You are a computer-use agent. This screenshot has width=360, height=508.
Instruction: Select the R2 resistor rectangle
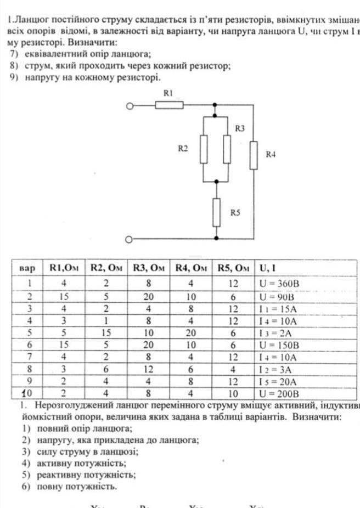(204, 149)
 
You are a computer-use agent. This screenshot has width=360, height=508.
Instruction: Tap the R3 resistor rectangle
(227, 149)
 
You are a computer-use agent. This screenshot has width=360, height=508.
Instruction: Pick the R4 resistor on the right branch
(254, 156)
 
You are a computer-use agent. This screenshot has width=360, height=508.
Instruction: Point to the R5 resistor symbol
(217, 211)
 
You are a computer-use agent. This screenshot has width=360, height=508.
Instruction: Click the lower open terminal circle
(130, 239)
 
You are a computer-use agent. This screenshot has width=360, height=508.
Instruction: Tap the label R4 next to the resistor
(271, 155)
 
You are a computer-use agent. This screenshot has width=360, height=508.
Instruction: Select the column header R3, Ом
(149, 268)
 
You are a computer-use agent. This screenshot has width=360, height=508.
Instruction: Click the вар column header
(27, 268)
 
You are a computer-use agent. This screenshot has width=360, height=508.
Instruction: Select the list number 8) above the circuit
(15, 66)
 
